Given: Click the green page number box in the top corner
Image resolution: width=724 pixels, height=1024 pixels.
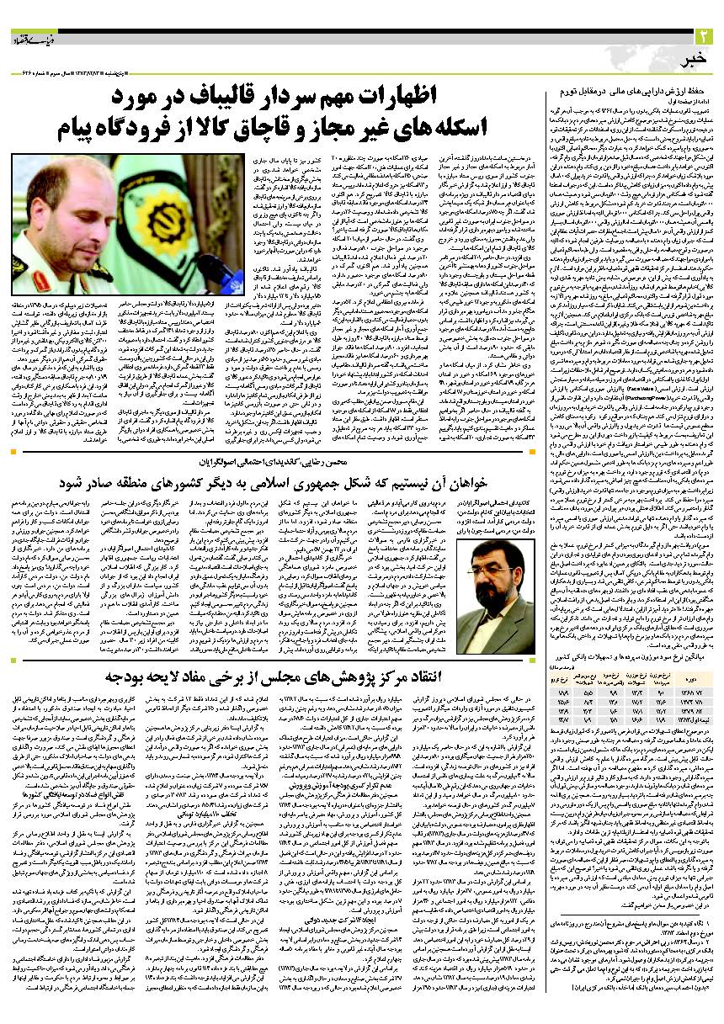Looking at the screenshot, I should [704, 36].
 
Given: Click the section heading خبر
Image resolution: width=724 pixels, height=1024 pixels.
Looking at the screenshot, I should [691, 56].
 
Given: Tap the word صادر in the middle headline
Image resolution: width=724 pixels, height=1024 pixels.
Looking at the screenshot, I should [81, 486].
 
